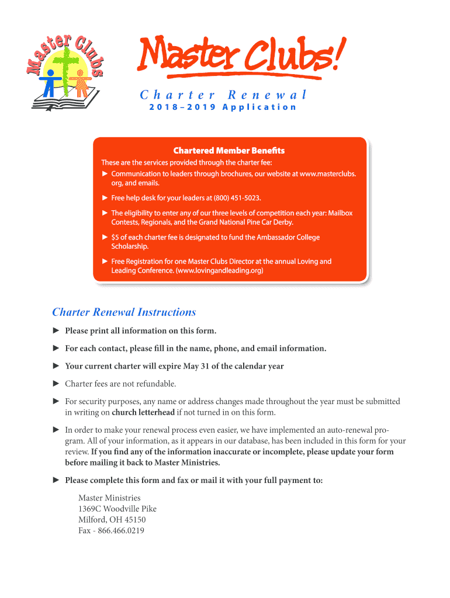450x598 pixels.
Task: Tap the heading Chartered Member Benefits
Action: [229, 151]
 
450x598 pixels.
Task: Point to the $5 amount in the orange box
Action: [116, 238]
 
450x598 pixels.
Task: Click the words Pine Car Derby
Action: [265, 222]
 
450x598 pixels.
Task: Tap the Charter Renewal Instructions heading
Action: [124, 312]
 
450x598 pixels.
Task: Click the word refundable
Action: [155, 384]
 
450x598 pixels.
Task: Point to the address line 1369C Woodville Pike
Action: [117, 509]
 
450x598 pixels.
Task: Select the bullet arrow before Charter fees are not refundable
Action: [57, 384]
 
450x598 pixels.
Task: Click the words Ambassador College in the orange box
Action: [286, 238]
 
